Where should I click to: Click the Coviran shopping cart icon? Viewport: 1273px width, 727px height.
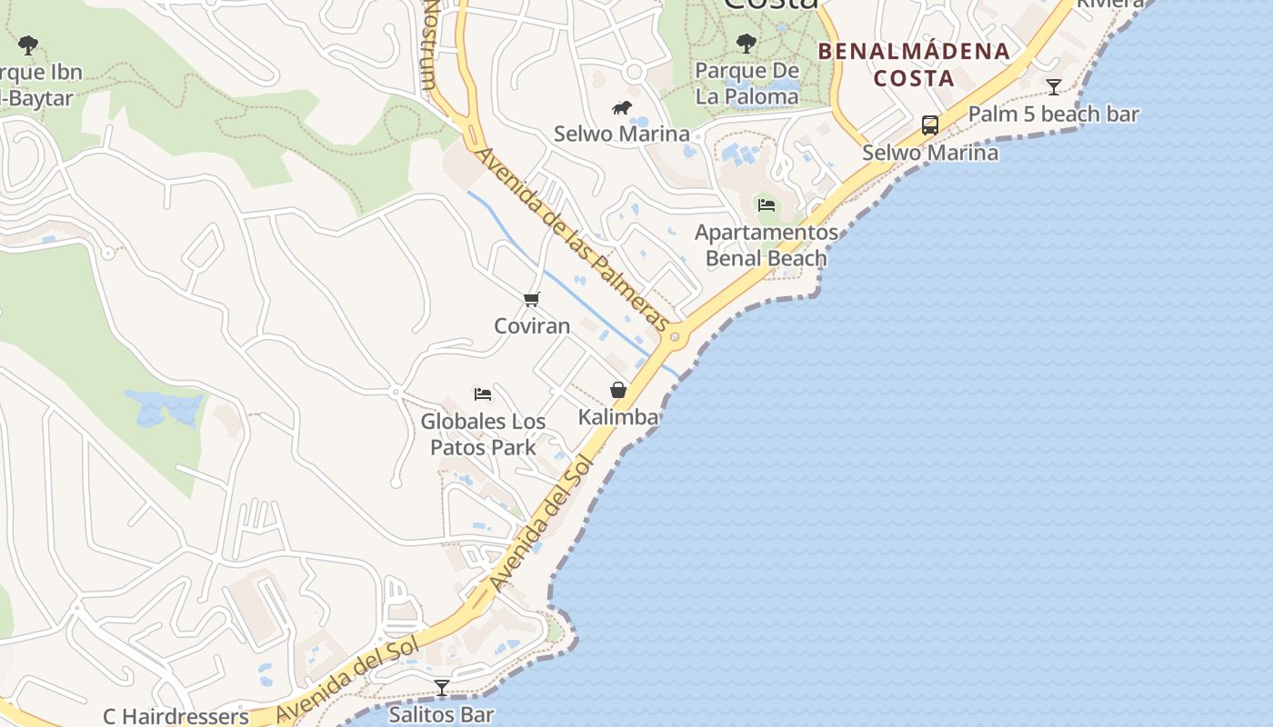pos(532,299)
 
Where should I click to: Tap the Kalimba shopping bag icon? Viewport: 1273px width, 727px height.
pos(618,390)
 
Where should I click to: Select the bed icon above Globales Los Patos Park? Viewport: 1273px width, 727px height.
pos(483,393)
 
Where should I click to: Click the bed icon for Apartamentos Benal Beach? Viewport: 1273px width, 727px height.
pos(767,204)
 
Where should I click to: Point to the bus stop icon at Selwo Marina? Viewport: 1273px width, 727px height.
pos(929,125)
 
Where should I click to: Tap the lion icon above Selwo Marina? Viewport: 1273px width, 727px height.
pos(622,108)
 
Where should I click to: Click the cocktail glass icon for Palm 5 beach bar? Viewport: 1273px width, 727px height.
pos(1053,87)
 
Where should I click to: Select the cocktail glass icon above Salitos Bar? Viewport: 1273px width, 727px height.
pos(442,687)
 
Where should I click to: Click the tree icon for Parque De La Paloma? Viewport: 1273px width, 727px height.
pos(747,43)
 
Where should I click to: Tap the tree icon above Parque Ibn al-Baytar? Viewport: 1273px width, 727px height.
pos(28,44)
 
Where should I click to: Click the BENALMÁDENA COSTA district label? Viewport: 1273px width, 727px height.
pos(914,65)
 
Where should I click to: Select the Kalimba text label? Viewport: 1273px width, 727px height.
pos(618,417)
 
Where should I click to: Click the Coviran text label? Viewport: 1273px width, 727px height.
pos(532,325)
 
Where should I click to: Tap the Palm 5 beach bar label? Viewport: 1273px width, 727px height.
pos(1053,115)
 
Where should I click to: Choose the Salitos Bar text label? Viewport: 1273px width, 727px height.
pos(441,714)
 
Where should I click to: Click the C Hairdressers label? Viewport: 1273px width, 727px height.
pos(175,716)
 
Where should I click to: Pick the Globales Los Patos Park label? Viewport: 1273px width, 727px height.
pos(483,434)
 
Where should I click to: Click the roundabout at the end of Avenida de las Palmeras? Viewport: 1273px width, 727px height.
pos(674,337)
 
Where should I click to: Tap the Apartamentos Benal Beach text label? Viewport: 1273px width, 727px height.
pos(767,245)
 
